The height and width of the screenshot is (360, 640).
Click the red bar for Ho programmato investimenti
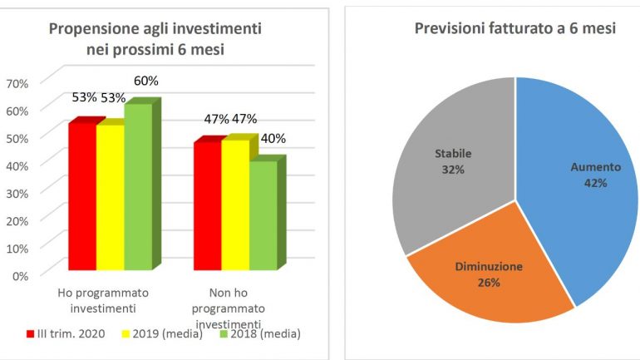(x=81, y=196)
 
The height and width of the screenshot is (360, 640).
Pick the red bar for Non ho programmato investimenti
(x=207, y=205)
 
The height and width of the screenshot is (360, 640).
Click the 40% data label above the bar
(x=270, y=138)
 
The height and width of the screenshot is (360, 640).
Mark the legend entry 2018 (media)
(x=259, y=334)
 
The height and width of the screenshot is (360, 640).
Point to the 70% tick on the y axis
(x=17, y=82)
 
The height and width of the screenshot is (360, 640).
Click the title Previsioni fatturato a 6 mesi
(x=514, y=29)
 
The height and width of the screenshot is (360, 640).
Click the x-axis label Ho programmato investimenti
(x=103, y=300)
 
